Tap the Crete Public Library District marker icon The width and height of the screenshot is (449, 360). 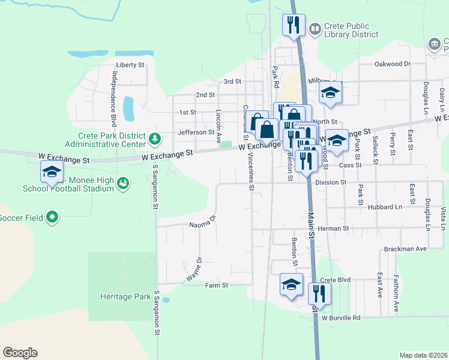pyautogui.click(x=315, y=29)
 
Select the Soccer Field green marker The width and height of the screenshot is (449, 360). pyautogui.click(x=52, y=217)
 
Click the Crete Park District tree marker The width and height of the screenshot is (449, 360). pyautogui.click(x=155, y=139)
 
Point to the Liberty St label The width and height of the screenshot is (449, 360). pyautogui.click(x=130, y=65)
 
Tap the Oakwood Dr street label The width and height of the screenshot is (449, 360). pyautogui.click(x=392, y=64)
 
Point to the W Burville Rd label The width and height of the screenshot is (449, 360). pyautogui.click(x=341, y=318)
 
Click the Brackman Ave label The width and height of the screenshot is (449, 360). pyautogui.click(x=405, y=248)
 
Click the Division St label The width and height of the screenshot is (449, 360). pyautogui.click(x=331, y=182)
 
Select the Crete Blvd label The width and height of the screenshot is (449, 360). pyautogui.click(x=335, y=280)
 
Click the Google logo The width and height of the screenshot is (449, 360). pyautogui.click(x=20, y=353)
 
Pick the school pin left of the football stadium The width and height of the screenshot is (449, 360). pyautogui.click(x=52, y=172)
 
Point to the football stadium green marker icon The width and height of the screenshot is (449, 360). pyautogui.click(x=123, y=182)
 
